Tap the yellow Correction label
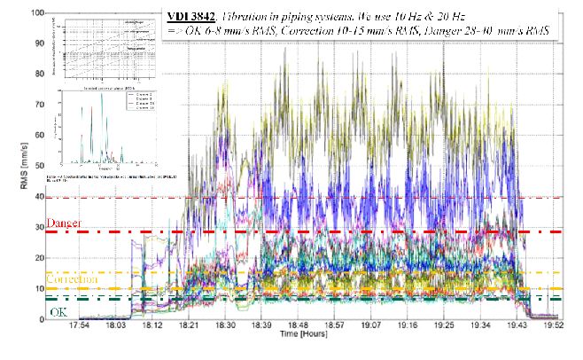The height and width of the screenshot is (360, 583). pos(74,278)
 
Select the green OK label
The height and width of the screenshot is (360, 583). pos(58,312)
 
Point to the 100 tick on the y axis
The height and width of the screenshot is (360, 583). pos(35,13)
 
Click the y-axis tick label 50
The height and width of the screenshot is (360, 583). pos(38,167)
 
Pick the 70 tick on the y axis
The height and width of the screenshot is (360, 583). pos(38,106)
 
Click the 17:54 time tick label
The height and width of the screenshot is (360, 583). pos(81,326)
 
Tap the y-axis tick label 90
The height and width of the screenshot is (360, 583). pos(38,44)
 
